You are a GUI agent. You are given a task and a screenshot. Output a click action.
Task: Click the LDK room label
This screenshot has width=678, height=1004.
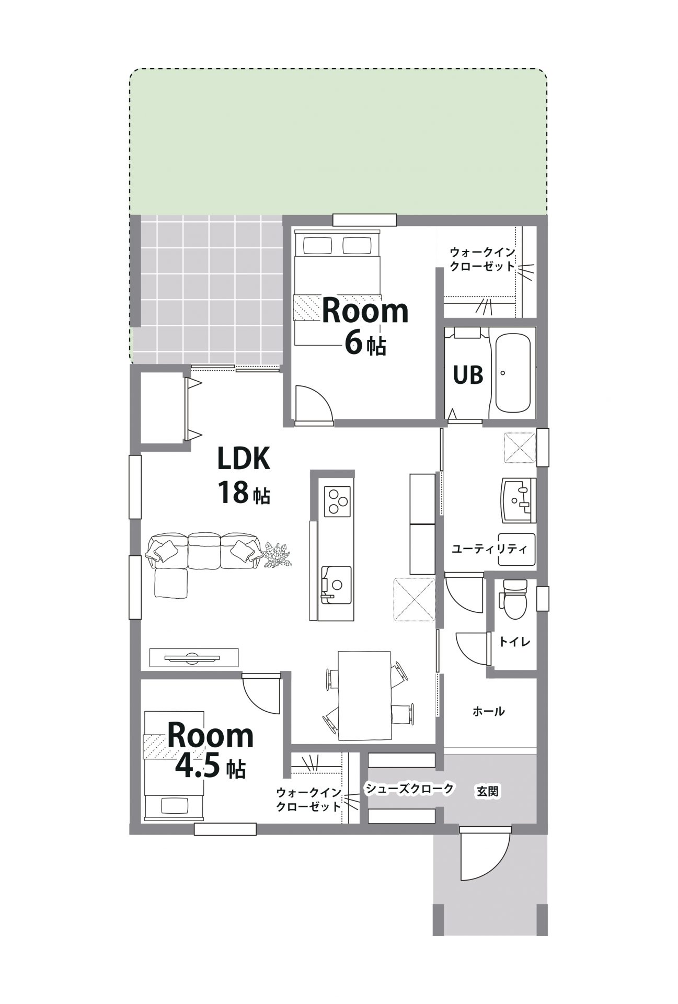pos(244,459)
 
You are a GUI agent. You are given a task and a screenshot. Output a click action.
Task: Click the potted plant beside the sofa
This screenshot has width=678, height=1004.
pos(277,554)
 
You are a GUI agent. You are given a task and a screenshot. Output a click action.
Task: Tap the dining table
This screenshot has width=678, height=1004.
pos(364,695)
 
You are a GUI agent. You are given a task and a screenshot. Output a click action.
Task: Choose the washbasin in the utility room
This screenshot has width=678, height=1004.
pos(519,500)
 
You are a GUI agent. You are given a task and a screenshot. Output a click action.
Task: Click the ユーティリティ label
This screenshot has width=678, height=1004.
pos(489,550)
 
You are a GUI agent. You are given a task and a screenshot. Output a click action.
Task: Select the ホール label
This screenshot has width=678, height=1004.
pos(488,711)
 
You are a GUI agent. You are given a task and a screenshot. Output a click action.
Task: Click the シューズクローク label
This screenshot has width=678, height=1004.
pos(409,789)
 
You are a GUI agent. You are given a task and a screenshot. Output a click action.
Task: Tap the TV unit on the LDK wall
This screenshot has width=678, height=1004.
pos(194,657)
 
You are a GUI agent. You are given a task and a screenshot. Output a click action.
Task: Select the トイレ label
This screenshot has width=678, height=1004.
pos(514,642)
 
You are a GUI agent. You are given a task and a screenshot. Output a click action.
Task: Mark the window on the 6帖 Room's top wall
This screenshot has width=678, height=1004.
pos(364,220)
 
